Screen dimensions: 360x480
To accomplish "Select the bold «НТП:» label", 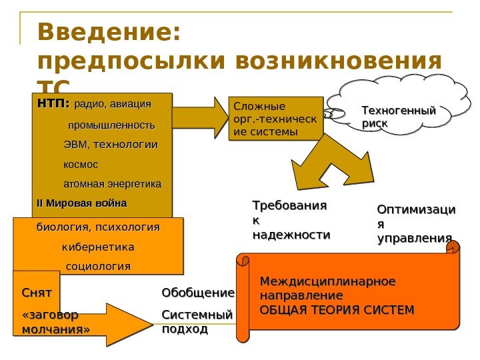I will coord(53,104).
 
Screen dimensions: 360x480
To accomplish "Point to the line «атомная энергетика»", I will coord(112,183).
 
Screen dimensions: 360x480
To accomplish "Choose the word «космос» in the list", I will coord(80,163).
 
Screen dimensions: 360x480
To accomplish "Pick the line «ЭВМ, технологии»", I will coord(111,144).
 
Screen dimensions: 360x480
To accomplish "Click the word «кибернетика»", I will coord(98,247).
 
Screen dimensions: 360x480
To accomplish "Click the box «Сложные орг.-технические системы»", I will coord(275,119).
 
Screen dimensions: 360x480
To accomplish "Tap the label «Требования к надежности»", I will coord(291,220).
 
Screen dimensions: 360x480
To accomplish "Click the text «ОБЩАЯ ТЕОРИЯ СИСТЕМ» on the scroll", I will coord(337,309).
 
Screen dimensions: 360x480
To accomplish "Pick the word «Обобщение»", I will coord(198,293).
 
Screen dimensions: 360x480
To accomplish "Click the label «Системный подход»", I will coord(198,321).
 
